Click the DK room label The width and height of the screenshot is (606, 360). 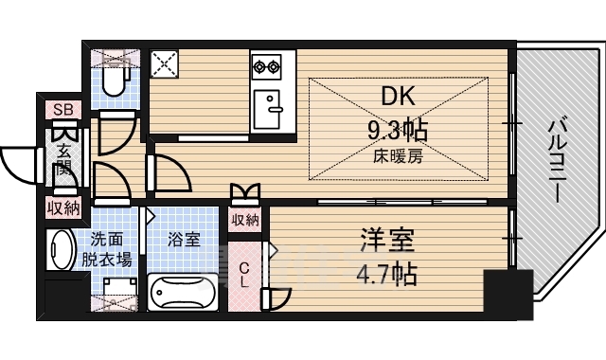(x=399, y=98)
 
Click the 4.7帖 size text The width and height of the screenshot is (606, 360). (x=383, y=275)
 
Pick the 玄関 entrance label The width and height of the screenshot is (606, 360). (x=63, y=160)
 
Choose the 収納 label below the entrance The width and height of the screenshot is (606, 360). (x=63, y=207)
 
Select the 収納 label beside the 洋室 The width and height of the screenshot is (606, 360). (x=245, y=220)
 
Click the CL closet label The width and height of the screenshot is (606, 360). (x=243, y=273)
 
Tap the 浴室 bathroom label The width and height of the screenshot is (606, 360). (x=184, y=240)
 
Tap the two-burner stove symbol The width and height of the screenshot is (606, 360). (x=266, y=66)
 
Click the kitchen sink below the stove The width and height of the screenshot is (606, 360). (x=272, y=105)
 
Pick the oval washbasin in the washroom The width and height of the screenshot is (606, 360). (x=61, y=250)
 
